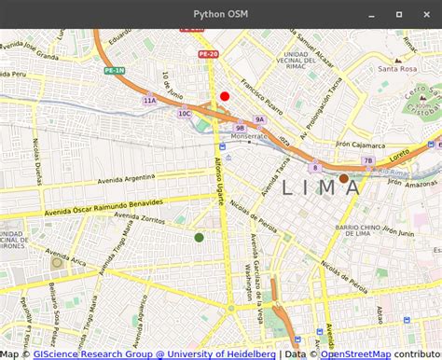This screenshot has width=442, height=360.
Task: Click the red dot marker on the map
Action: tap(225, 96)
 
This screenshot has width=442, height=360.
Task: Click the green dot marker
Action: tap(199, 238)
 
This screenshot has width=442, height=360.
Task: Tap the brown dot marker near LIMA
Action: tap(343, 178)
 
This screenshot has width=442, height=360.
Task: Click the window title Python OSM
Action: tap(221, 14)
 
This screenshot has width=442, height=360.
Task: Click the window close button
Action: tap(427, 14)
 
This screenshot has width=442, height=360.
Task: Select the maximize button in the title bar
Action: tap(399, 14)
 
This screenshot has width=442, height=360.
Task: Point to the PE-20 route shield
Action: tap(207, 55)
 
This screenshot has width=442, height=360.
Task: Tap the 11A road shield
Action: tap(149, 100)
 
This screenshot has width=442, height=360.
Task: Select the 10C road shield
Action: tap(185, 114)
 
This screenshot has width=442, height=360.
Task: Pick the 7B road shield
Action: tap(367, 160)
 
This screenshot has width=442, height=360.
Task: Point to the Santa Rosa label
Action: tap(397, 69)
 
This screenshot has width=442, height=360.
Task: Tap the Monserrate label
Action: tap(249, 136)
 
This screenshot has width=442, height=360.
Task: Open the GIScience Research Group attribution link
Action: tap(154, 353)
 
